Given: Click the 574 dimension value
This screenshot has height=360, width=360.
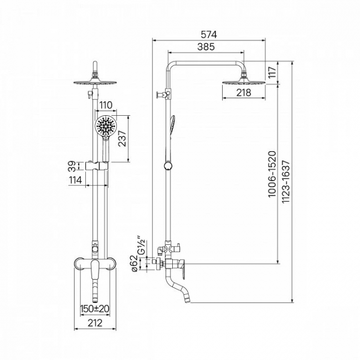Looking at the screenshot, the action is pyautogui.click(x=209, y=35).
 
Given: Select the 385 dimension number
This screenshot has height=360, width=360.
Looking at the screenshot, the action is pyautogui.click(x=206, y=47).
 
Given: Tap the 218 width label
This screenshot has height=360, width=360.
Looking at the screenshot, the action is pyautogui.click(x=244, y=92).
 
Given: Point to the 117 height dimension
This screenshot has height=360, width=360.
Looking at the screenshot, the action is pyautogui.click(x=272, y=73).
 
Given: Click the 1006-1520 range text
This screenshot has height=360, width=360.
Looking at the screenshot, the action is pyautogui.click(x=272, y=174).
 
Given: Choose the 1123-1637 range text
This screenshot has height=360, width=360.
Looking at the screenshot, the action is pyautogui.click(x=286, y=182).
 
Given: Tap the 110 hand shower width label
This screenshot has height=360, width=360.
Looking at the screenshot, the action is pyautogui.click(x=106, y=105).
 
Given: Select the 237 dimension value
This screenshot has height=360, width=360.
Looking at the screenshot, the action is pyautogui.click(x=122, y=138).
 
